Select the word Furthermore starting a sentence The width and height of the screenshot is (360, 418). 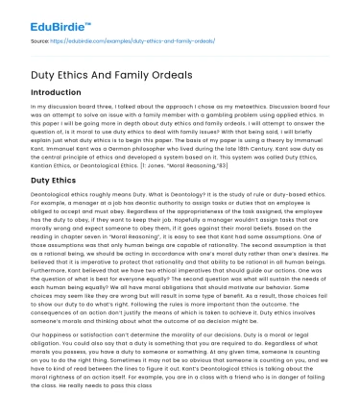tap(48, 283)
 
